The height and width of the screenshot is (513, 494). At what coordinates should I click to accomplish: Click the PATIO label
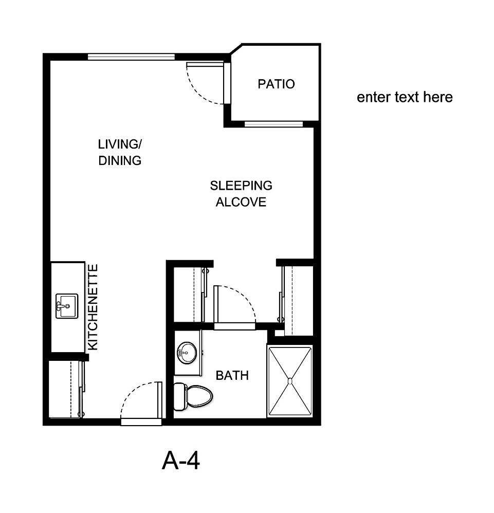[x=276, y=84]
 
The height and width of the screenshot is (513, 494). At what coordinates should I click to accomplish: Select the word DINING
[x=120, y=160]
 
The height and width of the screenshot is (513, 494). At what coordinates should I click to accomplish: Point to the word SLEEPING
[x=241, y=185]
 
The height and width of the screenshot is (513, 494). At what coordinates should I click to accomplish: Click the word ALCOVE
[x=241, y=202]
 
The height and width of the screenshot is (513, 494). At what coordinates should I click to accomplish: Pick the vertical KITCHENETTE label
[x=93, y=307]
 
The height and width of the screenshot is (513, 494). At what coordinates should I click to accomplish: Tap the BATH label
[x=232, y=376]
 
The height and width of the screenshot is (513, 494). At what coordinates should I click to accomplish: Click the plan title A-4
[x=180, y=461]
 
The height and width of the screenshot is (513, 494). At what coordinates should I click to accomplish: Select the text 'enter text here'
[x=405, y=97]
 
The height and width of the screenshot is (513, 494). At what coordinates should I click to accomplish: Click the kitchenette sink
[x=66, y=306]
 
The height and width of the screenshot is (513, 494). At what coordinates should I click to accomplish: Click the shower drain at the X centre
[x=290, y=381]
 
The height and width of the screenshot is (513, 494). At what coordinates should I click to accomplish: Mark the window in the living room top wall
[x=131, y=57]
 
